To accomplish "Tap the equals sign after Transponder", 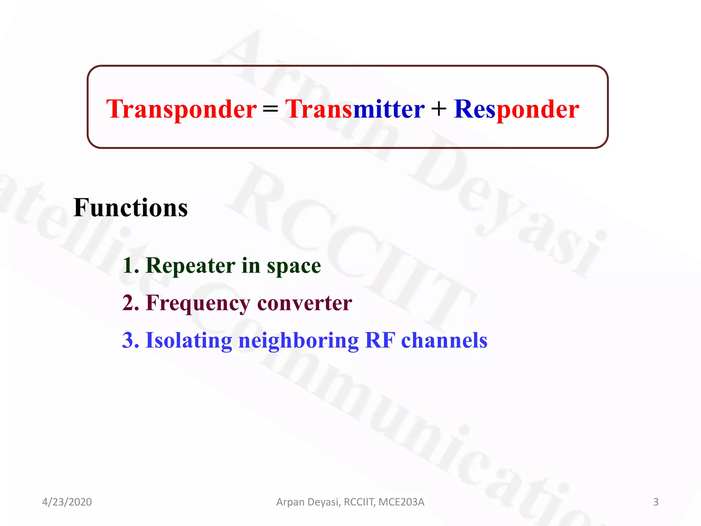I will coord(270,109).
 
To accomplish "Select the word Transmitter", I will coord(355,109).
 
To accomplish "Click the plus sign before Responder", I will coord(439,109).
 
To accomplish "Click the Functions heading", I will coord(130,208).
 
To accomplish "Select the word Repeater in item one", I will coord(190,266).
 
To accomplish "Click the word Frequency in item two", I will coord(198,303).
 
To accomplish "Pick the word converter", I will coord(304,303).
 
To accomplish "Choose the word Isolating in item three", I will coord(189,341).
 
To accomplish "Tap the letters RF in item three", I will coord(380,340).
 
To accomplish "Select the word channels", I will coord(444,340).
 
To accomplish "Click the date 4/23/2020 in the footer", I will coord(67,502).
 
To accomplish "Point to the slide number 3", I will coord(656,502).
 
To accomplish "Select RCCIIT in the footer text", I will coord(359,502).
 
